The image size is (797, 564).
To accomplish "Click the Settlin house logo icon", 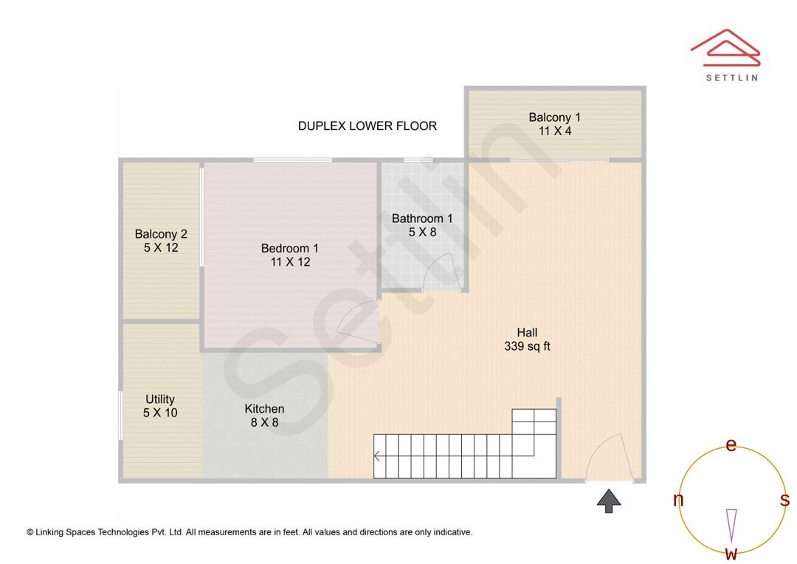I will click(x=725, y=46).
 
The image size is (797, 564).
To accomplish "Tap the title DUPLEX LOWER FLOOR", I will click(x=367, y=126).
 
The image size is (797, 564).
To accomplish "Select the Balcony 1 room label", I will click(x=554, y=117).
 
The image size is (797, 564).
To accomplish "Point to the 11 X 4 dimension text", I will click(x=554, y=131).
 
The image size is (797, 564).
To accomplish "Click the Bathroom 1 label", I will click(x=422, y=219).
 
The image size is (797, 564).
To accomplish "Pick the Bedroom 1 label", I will click(x=289, y=248).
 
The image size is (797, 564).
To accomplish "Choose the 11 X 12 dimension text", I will click(x=289, y=262).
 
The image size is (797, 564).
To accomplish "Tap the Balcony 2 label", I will click(x=161, y=234).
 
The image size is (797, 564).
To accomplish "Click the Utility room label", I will click(x=160, y=399).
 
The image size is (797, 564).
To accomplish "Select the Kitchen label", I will click(x=264, y=409).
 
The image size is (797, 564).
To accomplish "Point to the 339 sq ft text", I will click(x=527, y=346).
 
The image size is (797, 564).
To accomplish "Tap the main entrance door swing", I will click(x=609, y=458).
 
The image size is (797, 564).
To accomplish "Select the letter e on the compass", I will click(x=731, y=445).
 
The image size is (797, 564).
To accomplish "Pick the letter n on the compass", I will click(x=678, y=500).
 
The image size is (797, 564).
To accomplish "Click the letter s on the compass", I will click(x=784, y=500).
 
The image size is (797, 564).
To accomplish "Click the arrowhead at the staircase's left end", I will click(x=377, y=456).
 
